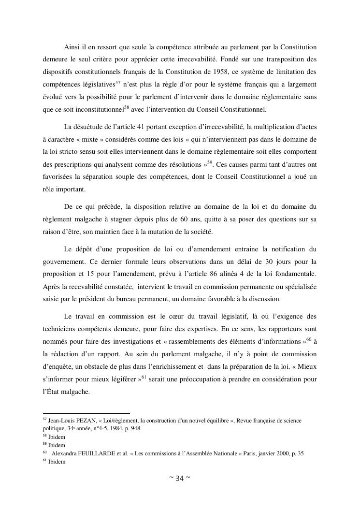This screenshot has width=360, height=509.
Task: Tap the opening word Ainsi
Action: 72,47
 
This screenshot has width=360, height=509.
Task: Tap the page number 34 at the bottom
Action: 179,479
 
